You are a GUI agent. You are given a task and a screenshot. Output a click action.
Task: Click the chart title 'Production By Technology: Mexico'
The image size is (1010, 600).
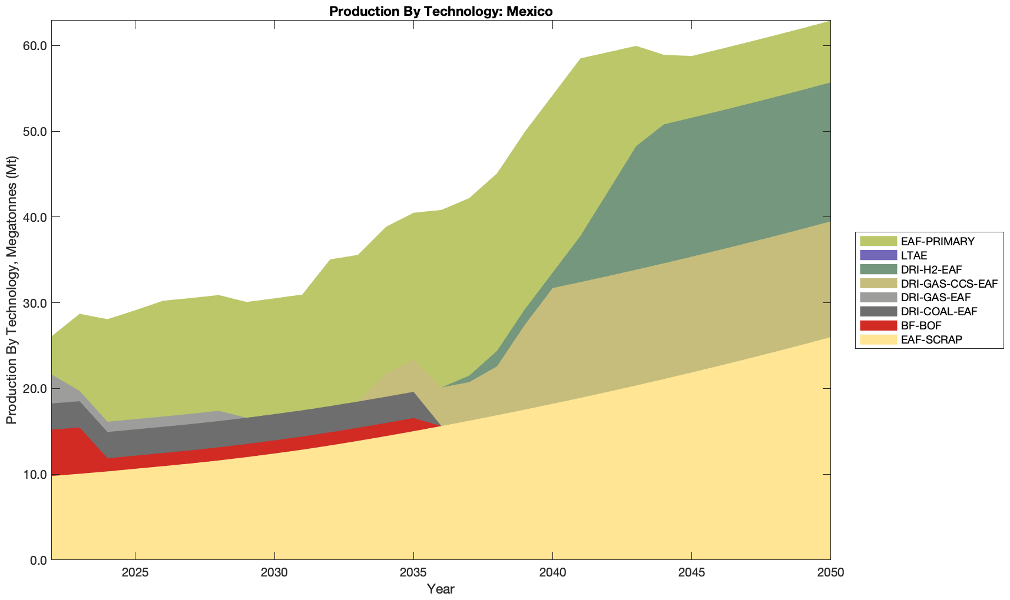(441, 11)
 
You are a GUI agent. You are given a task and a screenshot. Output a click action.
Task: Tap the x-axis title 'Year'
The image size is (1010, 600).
(441, 589)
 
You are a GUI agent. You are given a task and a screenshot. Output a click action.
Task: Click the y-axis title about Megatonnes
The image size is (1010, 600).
(11, 290)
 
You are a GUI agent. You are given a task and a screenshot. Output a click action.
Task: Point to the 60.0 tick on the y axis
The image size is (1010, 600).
(35, 46)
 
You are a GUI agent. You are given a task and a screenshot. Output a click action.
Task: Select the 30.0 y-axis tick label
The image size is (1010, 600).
(35, 303)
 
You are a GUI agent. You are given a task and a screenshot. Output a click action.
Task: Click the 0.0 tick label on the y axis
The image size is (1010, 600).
(38, 560)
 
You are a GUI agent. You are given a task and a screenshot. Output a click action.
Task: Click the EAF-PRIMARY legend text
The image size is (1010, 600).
(938, 241)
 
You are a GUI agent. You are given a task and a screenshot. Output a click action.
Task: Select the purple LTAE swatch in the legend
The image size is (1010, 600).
(877, 255)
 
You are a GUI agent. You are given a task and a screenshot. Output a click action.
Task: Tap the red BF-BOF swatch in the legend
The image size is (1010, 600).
(877, 325)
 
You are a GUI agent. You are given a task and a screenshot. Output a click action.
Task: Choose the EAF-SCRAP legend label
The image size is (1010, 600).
(932, 339)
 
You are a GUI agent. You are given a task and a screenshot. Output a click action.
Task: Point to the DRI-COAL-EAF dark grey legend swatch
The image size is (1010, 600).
(877, 311)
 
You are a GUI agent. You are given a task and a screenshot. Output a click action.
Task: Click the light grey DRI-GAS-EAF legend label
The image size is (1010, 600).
(936, 298)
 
